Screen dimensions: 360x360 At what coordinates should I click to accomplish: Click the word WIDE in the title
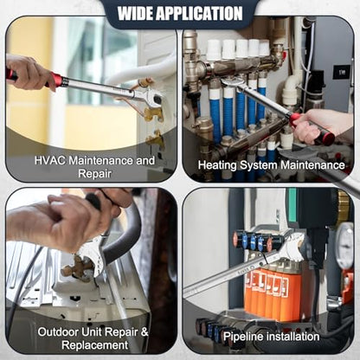pyautogui.click(x=135, y=13)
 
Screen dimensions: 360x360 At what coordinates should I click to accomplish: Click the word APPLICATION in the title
pyautogui.click(x=199, y=13)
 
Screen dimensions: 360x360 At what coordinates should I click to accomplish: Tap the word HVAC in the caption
pyautogui.click(x=50, y=160)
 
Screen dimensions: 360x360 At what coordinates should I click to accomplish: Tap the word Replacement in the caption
pyautogui.click(x=95, y=345)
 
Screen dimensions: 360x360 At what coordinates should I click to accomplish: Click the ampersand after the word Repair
pyautogui.click(x=145, y=331)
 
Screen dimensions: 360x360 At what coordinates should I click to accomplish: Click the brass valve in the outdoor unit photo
pyautogui.click(x=76, y=268)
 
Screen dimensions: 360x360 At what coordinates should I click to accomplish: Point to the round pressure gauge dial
pyautogui.click(x=345, y=245)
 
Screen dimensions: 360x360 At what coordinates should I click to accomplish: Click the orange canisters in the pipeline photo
pyautogui.click(x=267, y=292)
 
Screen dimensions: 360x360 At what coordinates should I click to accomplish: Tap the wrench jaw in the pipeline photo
pyautogui.click(x=292, y=245)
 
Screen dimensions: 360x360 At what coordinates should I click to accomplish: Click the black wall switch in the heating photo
pyautogui.click(x=341, y=72)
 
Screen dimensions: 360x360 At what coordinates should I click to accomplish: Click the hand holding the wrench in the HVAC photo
pyautogui.click(x=28, y=72)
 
